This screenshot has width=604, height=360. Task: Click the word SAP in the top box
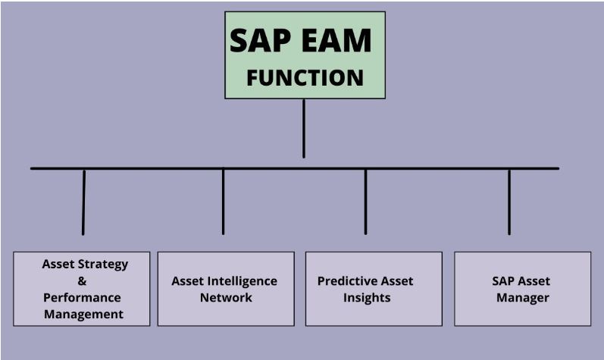coord(260,40)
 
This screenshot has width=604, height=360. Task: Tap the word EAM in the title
coord(336,40)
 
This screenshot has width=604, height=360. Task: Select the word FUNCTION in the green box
coord(305,78)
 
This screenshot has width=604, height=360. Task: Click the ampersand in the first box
coord(82,280)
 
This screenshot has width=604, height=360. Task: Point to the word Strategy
coord(103,265)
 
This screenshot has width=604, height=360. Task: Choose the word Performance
coord(82,298)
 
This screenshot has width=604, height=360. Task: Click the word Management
coord(83,315)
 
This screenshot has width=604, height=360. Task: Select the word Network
coord(226,298)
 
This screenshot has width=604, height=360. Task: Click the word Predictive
coord(343,281)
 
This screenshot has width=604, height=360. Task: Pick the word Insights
coord(367,298)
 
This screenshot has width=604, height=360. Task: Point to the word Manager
coord(523,298)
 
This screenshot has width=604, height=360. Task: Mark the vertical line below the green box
coord(304,129)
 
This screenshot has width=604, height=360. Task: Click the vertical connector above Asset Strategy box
coord(83,202)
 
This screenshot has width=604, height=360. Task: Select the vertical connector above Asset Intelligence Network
coord(223,202)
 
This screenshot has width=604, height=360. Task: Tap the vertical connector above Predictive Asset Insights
coord(365,202)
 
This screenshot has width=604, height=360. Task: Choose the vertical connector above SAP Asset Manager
coord(509,202)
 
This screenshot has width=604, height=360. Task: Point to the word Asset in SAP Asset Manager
coord(532,281)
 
